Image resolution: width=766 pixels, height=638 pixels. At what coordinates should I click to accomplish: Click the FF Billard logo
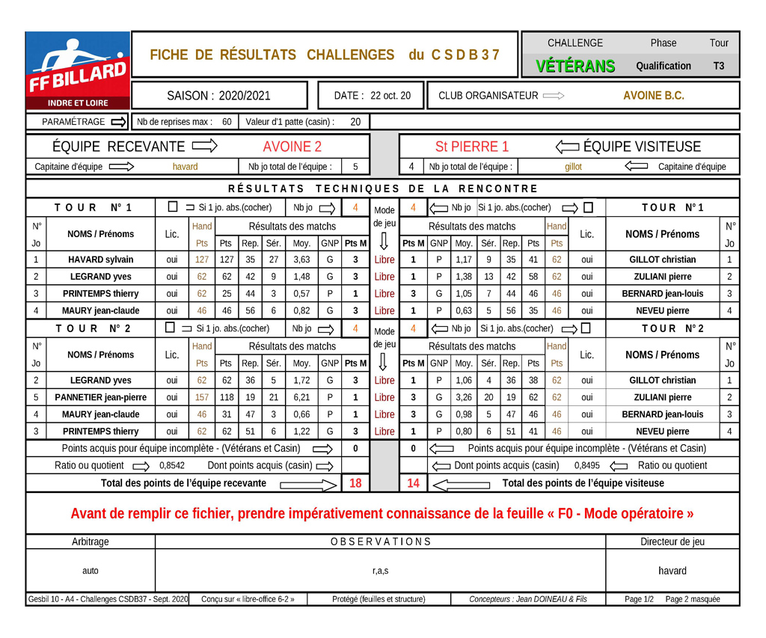pyautogui.click(x=78, y=72)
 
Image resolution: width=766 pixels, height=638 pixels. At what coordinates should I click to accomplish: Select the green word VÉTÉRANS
pyautogui.click(x=575, y=66)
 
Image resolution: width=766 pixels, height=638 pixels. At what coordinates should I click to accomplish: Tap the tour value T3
pyautogui.click(x=718, y=66)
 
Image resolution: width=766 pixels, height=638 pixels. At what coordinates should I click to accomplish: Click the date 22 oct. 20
pyautogui.click(x=390, y=96)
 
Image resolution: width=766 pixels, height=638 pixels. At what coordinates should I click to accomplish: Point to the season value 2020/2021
pyautogui.click(x=245, y=96)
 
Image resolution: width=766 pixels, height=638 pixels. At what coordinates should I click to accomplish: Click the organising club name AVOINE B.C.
pyautogui.click(x=653, y=96)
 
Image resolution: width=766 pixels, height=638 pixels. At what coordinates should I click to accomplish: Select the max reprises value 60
pyautogui.click(x=227, y=122)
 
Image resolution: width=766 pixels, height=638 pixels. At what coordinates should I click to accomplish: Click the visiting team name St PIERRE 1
pyautogui.click(x=471, y=147)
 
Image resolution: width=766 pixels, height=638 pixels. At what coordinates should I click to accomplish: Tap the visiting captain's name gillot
pyautogui.click(x=573, y=167)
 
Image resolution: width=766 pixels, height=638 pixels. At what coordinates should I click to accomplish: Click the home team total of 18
pyautogui.click(x=355, y=483)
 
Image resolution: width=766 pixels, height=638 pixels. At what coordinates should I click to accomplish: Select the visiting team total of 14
pyautogui.click(x=413, y=483)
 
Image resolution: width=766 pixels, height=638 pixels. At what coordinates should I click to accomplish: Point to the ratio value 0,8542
pyautogui.click(x=172, y=465)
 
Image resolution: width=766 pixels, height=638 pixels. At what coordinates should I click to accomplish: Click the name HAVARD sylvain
pyautogui.click(x=100, y=260)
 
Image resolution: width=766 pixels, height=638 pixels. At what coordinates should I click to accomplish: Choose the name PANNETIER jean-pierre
pyautogui.click(x=100, y=397)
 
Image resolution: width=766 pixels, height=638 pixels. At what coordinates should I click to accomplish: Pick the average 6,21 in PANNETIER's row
pyautogui.click(x=301, y=397)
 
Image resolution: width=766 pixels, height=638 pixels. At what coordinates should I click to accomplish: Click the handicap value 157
pyautogui.click(x=202, y=397)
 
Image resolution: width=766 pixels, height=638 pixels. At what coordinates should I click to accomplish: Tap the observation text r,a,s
pyautogui.click(x=380, y=571)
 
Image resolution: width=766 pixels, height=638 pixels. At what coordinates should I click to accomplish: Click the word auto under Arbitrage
pyautogui.click(x=90, y=571)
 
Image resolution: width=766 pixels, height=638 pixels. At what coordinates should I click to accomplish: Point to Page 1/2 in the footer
pyautogui.click(x=639, y=599)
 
